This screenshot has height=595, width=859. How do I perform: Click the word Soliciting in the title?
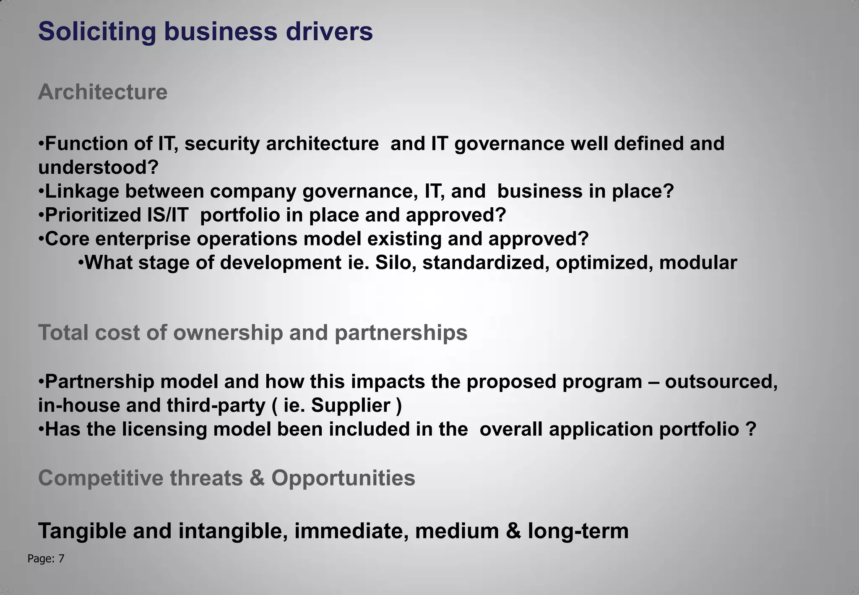tap(97, 32)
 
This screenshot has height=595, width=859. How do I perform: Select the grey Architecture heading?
tap(103, 92)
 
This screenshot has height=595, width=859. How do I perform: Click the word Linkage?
tap(82, 191)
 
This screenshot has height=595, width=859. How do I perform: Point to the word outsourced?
tap(721, 381)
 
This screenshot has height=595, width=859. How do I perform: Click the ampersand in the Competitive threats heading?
tap(257, 478)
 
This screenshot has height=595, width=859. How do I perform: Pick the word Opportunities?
tap(343, 478)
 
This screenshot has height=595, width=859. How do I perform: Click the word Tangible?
tap(83, 531)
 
